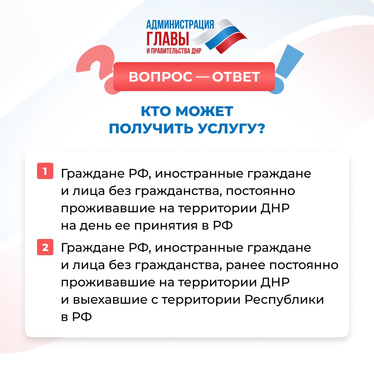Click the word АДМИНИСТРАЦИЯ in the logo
pos(180,24)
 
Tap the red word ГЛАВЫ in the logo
pos(168,38)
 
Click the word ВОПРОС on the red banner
pos(161,77)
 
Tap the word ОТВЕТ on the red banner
pos(236,77)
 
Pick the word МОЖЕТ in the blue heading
pos(204,111)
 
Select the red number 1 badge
pos(45,171)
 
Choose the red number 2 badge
pos(45,247)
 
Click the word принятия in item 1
pos(166,226)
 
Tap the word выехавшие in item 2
pos(110,300)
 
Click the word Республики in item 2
pos(284,300)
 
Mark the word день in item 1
pos(95,225)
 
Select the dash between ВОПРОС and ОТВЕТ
pos(202,77)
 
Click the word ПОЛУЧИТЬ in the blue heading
pos(151,128)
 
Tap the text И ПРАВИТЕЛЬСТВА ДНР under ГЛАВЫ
pos(174,51)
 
